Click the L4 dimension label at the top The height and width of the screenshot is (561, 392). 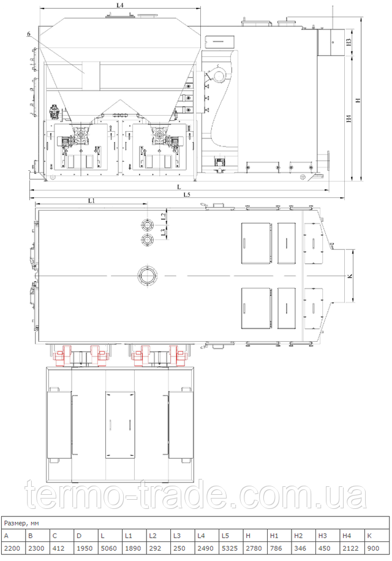(x=120, y=6)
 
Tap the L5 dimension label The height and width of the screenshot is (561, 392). (x=187, y=195)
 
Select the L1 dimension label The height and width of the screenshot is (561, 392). (x=91, y=201)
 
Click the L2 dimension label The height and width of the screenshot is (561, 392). (x=163, y=216)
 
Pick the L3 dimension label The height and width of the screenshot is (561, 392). (x=163, y=233)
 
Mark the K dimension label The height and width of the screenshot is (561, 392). (x=350, y=276)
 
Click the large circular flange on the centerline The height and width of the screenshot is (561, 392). (x=147, y=276)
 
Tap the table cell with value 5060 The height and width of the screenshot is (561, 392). (x=110, y=548)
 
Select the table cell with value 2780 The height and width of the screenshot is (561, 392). (x=255, y=548)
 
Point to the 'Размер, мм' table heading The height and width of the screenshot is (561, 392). (x=21, y=523)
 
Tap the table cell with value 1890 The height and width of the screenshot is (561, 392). (x=134, y=548)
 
